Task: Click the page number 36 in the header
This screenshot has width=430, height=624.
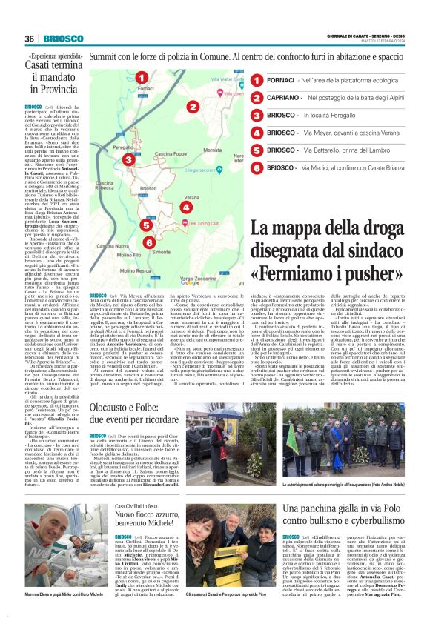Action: pyautogui.click(x=30, y=39)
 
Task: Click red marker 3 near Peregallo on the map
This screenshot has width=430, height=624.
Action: pyautogui.click(x=128, y=159)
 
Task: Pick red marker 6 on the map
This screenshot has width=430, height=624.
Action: pyautogui.click(x=149, y=242)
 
